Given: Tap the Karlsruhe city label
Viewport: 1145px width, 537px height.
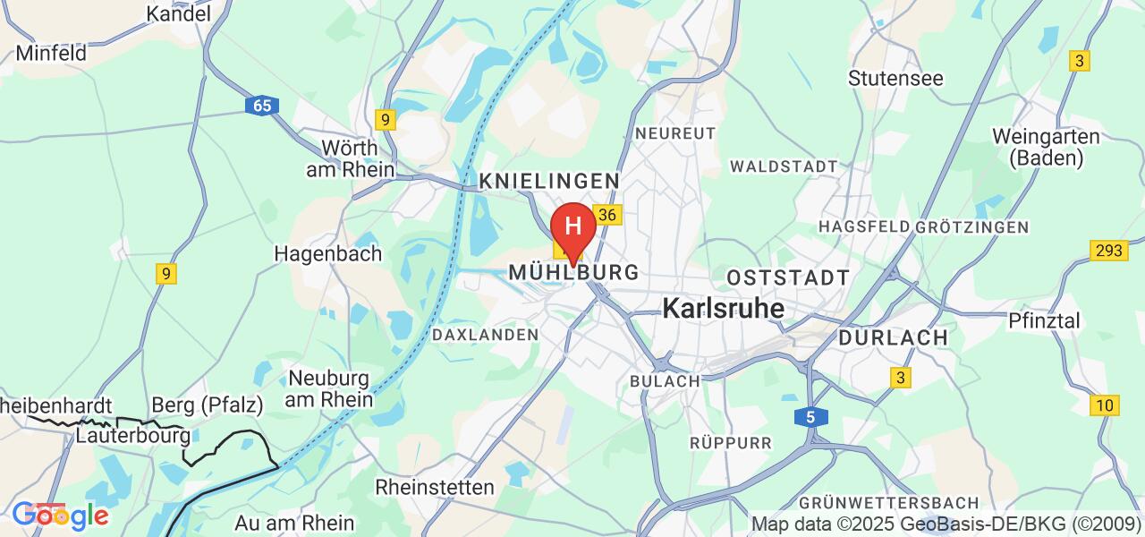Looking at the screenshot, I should coord(724,309).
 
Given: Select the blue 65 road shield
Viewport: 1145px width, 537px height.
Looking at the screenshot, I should coord(261,106).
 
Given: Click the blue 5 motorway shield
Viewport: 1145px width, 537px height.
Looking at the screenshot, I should coord(810,416).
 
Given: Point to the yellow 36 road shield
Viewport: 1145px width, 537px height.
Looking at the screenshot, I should coord(607,215).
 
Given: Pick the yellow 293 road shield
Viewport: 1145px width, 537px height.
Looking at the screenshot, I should coord(1107,250).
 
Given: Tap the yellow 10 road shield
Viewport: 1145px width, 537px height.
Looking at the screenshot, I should coord(1106,405).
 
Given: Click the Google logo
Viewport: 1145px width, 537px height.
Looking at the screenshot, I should coord(59,515).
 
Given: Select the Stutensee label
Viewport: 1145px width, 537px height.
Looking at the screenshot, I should coord(895,78).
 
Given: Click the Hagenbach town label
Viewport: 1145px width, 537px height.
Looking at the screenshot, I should coord(328,253).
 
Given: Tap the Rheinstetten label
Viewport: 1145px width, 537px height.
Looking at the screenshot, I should coord(435,488).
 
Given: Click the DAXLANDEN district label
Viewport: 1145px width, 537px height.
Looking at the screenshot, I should coord(485,335).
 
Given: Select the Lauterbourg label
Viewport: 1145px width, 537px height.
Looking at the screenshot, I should coord(132,436).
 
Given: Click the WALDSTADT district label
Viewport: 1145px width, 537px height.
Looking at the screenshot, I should coord(784,166).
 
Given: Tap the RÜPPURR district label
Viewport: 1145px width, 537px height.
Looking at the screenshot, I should coord(730,442).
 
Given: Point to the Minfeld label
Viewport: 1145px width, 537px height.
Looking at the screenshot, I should coord(51,53).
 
